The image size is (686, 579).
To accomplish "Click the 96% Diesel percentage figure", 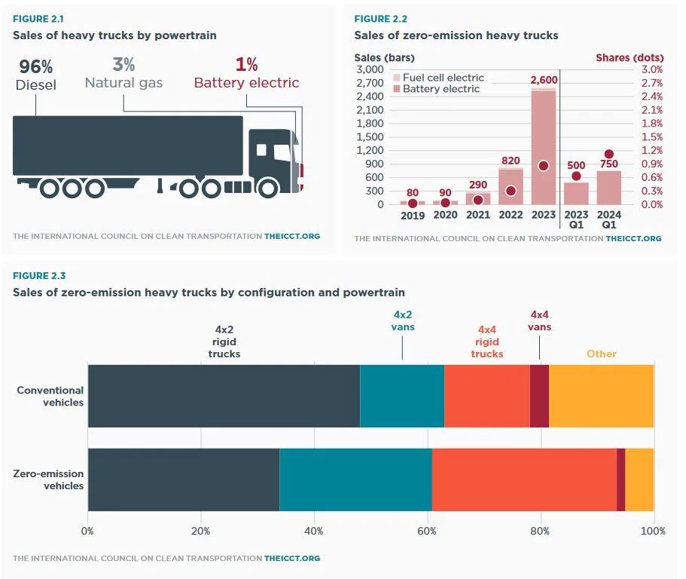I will pyautogui.click(x=36, y=66).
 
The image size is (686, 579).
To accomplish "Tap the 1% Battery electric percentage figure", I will pyautogui.click(x=246, y=65).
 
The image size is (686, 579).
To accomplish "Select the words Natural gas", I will pyautogui.click(x=123, y=83).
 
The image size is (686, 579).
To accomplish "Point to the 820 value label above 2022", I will pyautogui.click(x=510, y=161).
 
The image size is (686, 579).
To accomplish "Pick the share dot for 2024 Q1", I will pyautogui.click(x=609, y=155).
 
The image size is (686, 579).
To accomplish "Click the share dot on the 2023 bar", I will pyautogui.click(x=543, y=166).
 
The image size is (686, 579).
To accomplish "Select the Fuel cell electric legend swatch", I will pyautogui.click(x=396, y=78).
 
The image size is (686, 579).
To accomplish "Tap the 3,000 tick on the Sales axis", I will pyautogui.click(x=370, y=69).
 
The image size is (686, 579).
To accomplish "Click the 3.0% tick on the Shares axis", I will pyautogui.click(x=652, y=69).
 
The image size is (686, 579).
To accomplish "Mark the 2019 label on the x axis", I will pyautogui.click(x=413, y=216).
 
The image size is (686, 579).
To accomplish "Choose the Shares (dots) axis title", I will pyautogui.click(x=630, y=57).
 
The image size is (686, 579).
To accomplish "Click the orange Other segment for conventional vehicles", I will pyautogui.click(x=601, y=396).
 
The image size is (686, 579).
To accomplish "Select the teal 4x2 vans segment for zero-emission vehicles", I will pyautogui.click(x=355, y=479).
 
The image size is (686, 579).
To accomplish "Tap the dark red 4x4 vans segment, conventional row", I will pyautogui.click(x=539, y=396).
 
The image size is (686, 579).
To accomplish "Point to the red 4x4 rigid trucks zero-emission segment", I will pyautogui.click(x=524, y=479).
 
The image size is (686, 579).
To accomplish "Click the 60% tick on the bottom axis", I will pyautogui.click(x=428, y=531).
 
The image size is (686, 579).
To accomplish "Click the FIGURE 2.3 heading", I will pyautogui.click(x=38, y=276).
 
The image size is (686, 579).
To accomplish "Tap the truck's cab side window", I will pyautogui.click(x=261, y=150).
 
